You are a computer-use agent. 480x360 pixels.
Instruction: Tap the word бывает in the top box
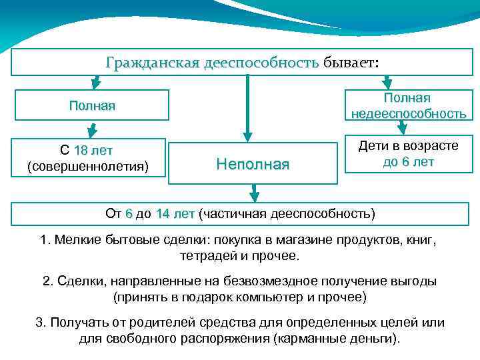point(349,63)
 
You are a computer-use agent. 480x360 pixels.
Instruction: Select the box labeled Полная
point(92,106)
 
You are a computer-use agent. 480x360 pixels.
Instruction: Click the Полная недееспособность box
point(409,106)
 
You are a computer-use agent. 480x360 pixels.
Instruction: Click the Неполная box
point(253,163)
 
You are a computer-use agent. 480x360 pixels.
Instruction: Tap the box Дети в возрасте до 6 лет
point(409,153)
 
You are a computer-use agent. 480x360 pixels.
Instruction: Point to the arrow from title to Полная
point(96,82)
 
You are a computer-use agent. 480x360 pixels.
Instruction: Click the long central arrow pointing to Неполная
point(248,107)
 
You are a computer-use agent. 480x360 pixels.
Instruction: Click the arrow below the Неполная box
point(253,193)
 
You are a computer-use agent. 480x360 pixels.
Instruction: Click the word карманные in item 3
point(315,338)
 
